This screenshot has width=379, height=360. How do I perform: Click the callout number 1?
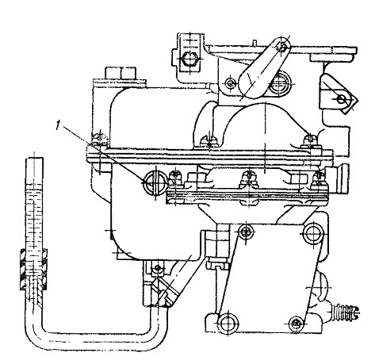pyautogui.click(x=57, y=124)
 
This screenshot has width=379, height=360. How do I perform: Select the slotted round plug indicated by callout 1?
pyautogui.click(x=155, y=183)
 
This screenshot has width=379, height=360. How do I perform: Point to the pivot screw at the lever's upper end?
pyautogui.click(x=282, y=48)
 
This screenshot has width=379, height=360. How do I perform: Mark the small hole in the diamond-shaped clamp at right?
pyautogui.click(x=341, y=100)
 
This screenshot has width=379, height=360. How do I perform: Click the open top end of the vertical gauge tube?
pyautogui.click(x=34, y=159)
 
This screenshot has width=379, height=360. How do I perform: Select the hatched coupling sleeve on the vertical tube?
pyautogui.click(x=34, y=269)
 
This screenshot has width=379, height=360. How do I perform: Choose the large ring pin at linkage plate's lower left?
pyautogui.click(x=227, y=323)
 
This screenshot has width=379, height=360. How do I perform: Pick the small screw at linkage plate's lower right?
pyautogui.click(x=296, y=323)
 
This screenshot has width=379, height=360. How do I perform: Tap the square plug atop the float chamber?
pyautogui.click(x=121, y=73)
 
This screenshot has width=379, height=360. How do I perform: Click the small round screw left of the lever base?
pyautogui.click(x=231, y=84)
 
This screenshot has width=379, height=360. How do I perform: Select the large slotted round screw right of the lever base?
pyautogui.click(x=280, y=83)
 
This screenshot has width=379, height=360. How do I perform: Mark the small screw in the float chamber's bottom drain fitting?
pyautogui.click(x=158, y=268)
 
